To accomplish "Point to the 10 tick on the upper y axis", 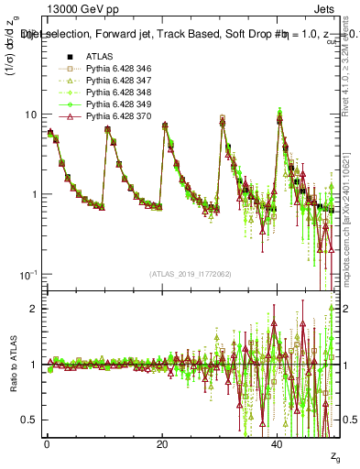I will click(34, 115).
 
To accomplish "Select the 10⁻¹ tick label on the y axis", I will click(32, 275).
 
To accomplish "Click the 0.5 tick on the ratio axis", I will click(33, 420).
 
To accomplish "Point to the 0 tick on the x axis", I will click(47, 444).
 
